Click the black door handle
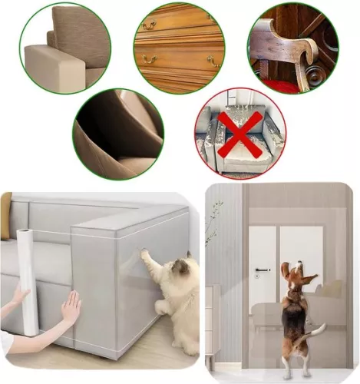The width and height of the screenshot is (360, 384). tap(263, 270)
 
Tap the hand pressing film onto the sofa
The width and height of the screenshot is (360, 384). tap(71, 308)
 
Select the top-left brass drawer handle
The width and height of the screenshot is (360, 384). tap(149, 25)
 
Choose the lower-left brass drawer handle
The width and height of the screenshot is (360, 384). tap(149, 60)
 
